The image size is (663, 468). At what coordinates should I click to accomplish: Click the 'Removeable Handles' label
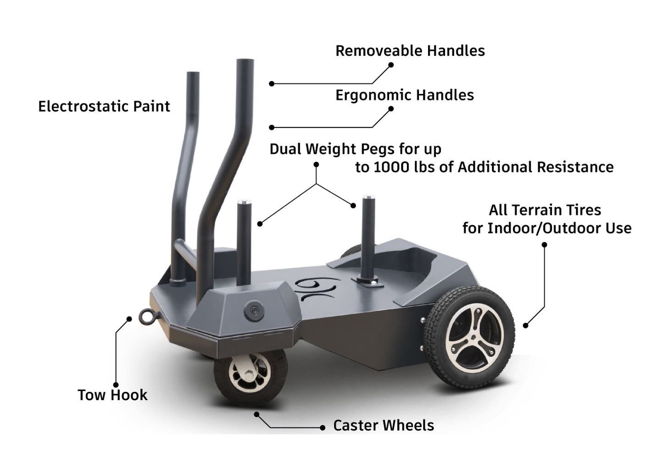(410, 51)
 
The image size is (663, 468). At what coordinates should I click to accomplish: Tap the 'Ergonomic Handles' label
(404, 95)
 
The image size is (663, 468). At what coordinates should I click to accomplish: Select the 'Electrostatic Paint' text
(104, 107)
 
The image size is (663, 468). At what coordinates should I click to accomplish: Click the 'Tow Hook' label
(112, 395)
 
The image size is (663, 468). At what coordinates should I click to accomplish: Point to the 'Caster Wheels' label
(384, 426)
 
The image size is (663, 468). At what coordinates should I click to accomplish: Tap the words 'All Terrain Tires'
(545, 210)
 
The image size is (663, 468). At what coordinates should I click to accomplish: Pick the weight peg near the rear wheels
(368, 238)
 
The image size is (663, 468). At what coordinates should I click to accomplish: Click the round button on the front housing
(253, 311)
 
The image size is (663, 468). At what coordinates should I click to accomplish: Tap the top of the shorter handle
(193, 75)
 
